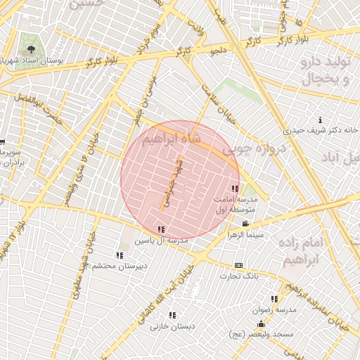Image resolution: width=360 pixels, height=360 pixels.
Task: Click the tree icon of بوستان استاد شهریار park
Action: [x=30, y=49]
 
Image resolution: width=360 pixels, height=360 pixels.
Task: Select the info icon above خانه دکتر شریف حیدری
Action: [x=321, y=120]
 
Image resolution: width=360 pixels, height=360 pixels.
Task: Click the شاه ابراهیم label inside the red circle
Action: [x=172, y=139]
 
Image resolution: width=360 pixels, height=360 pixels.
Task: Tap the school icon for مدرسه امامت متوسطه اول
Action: [x=235, y=188]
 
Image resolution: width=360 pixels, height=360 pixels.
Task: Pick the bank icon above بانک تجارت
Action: [x=239, y=265]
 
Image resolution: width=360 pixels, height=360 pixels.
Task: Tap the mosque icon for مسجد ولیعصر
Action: [x=261, y=324]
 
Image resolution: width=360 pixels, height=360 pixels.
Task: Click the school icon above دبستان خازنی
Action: [x=172, y=315]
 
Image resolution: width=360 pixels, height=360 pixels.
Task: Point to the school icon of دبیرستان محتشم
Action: [x=119, y=255]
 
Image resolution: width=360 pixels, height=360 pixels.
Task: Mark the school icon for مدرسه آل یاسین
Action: [x=162, y=229]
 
